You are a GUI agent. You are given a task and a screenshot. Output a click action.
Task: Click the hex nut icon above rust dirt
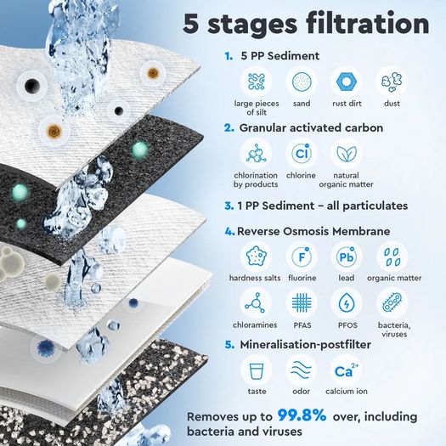pos(347,82)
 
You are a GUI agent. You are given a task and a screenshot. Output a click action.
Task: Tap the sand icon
pos(302,82)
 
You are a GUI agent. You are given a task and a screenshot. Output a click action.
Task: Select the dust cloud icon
pos(392,82)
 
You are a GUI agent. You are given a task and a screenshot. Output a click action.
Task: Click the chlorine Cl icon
pos(302,154)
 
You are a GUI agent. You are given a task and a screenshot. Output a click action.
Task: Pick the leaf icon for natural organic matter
pos(347,154)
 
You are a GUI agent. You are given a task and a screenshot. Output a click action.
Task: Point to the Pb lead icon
pos(347,257)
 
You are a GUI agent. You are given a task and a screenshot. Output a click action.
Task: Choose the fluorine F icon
pos(302,257)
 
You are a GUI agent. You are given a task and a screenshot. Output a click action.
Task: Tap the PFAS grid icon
pos(302,303)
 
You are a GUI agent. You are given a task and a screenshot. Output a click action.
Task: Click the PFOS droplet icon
pos(347,303)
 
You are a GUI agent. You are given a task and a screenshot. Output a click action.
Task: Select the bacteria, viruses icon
pos(392,303)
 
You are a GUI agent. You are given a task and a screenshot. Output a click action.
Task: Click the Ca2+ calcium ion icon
pos(347,370)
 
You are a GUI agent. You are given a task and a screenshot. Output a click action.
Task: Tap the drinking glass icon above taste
pos(257,370)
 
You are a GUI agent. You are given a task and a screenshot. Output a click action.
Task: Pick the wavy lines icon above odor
pos(302,370)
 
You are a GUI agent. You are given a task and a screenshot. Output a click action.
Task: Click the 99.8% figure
pos(302,415)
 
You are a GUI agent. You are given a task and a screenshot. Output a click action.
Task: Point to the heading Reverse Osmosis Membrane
pos(313,231)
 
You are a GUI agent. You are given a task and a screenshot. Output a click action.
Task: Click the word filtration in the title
pos(368,24)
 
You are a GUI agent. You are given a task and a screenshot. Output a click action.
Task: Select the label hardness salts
pos(255,278)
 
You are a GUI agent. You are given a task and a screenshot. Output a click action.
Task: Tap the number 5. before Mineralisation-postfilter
pos(229,345)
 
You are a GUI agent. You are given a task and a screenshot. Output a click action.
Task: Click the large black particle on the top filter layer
pos(31,85)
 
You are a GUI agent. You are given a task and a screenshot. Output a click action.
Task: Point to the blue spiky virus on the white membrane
pos(46,348)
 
